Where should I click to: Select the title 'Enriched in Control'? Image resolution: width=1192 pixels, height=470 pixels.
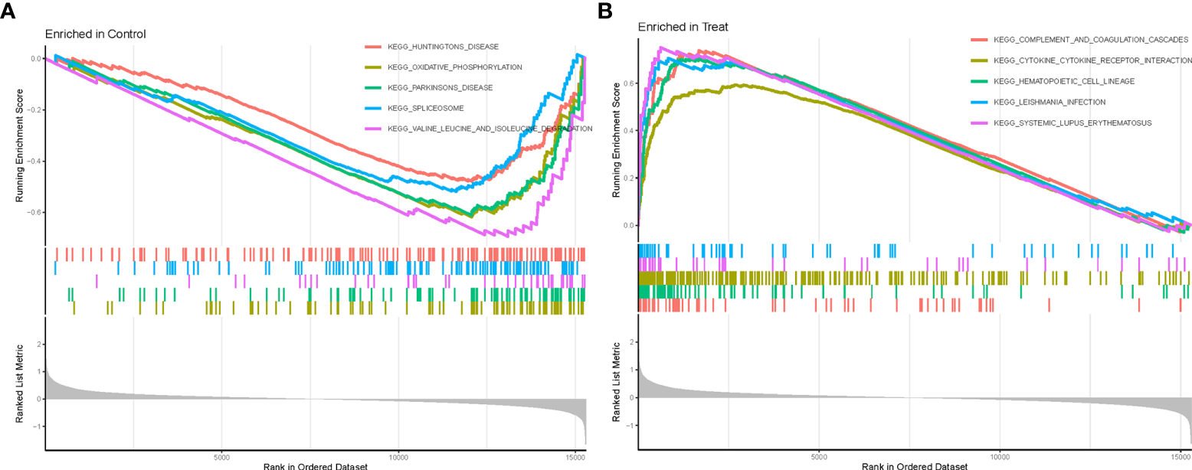[x=95, y=34]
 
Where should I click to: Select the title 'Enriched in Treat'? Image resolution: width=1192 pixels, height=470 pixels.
[x=683, y=27]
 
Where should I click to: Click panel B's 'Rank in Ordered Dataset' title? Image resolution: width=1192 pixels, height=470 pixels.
[x=914, y=465]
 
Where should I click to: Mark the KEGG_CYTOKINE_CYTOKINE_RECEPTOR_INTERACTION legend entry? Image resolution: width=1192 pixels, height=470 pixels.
[x=1092, y=60]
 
